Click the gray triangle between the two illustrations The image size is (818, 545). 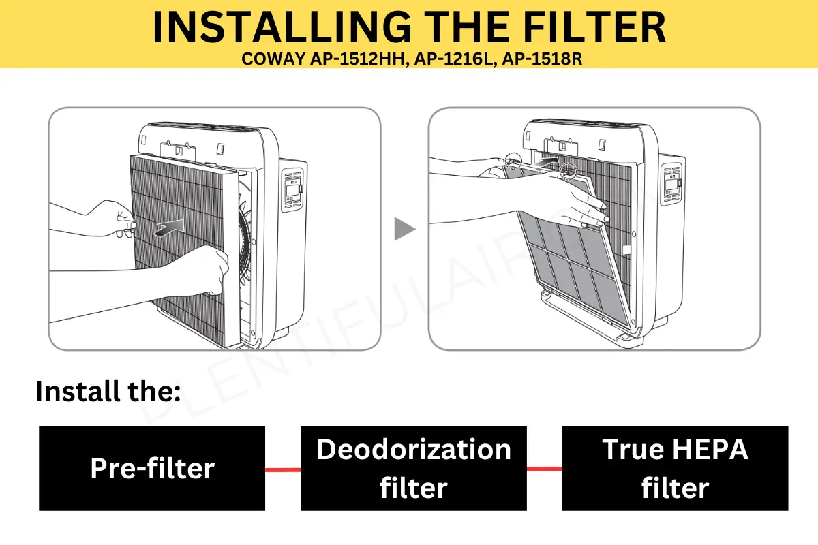[404, 230]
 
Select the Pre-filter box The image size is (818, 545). [152, 469]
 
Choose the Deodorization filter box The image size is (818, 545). [413, 469]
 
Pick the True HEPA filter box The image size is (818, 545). [675, 469]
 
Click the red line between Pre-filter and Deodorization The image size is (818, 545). [282, 469]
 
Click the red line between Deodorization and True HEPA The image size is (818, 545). [544, 469]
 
